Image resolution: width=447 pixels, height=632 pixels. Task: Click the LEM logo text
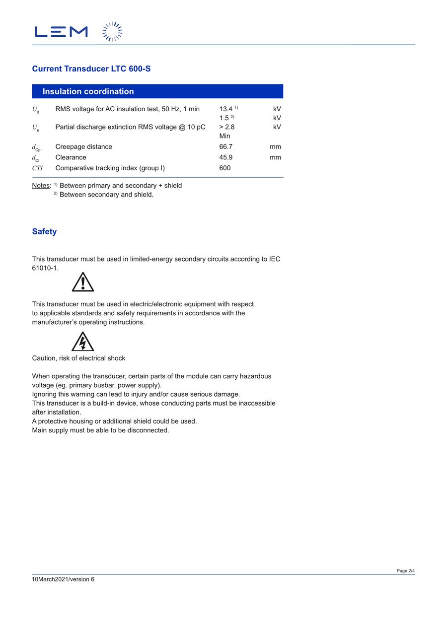tap(61, 32)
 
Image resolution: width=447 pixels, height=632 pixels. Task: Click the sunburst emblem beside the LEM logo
tap(112, 32)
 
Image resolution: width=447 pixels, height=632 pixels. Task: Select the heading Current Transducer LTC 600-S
tap(91, 69)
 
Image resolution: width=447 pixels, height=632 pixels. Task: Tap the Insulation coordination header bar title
tap(88, 91)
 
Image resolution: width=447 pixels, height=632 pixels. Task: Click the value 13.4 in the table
tap(226, 109)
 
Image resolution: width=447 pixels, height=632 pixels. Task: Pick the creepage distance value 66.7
tap(225, 146)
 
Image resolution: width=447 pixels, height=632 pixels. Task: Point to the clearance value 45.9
tap(225, 157)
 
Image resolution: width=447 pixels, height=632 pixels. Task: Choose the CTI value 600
tap(225, 168)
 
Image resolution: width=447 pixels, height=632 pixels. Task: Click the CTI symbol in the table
tap(37, 168)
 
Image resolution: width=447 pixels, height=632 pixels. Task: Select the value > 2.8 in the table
tap(227, 127)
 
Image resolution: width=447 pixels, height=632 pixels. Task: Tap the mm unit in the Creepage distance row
tap(275, 146)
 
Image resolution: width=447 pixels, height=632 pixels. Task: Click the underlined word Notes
tap(41, 186)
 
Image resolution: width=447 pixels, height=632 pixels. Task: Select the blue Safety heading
tap(44, 231)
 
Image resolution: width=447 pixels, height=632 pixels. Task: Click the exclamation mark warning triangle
tap(83, 282)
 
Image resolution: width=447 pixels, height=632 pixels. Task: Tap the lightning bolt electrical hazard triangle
tap(83, 342)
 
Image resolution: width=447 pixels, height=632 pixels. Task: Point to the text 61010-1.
tap(45, 268)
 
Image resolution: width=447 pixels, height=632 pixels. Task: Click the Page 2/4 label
tap(405, 571)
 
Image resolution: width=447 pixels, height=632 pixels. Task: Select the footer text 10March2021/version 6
tap(63, 579)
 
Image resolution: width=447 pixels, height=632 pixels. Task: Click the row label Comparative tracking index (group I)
tap(110, 168)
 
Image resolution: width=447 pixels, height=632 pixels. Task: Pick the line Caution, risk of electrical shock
tap(78, 358)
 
